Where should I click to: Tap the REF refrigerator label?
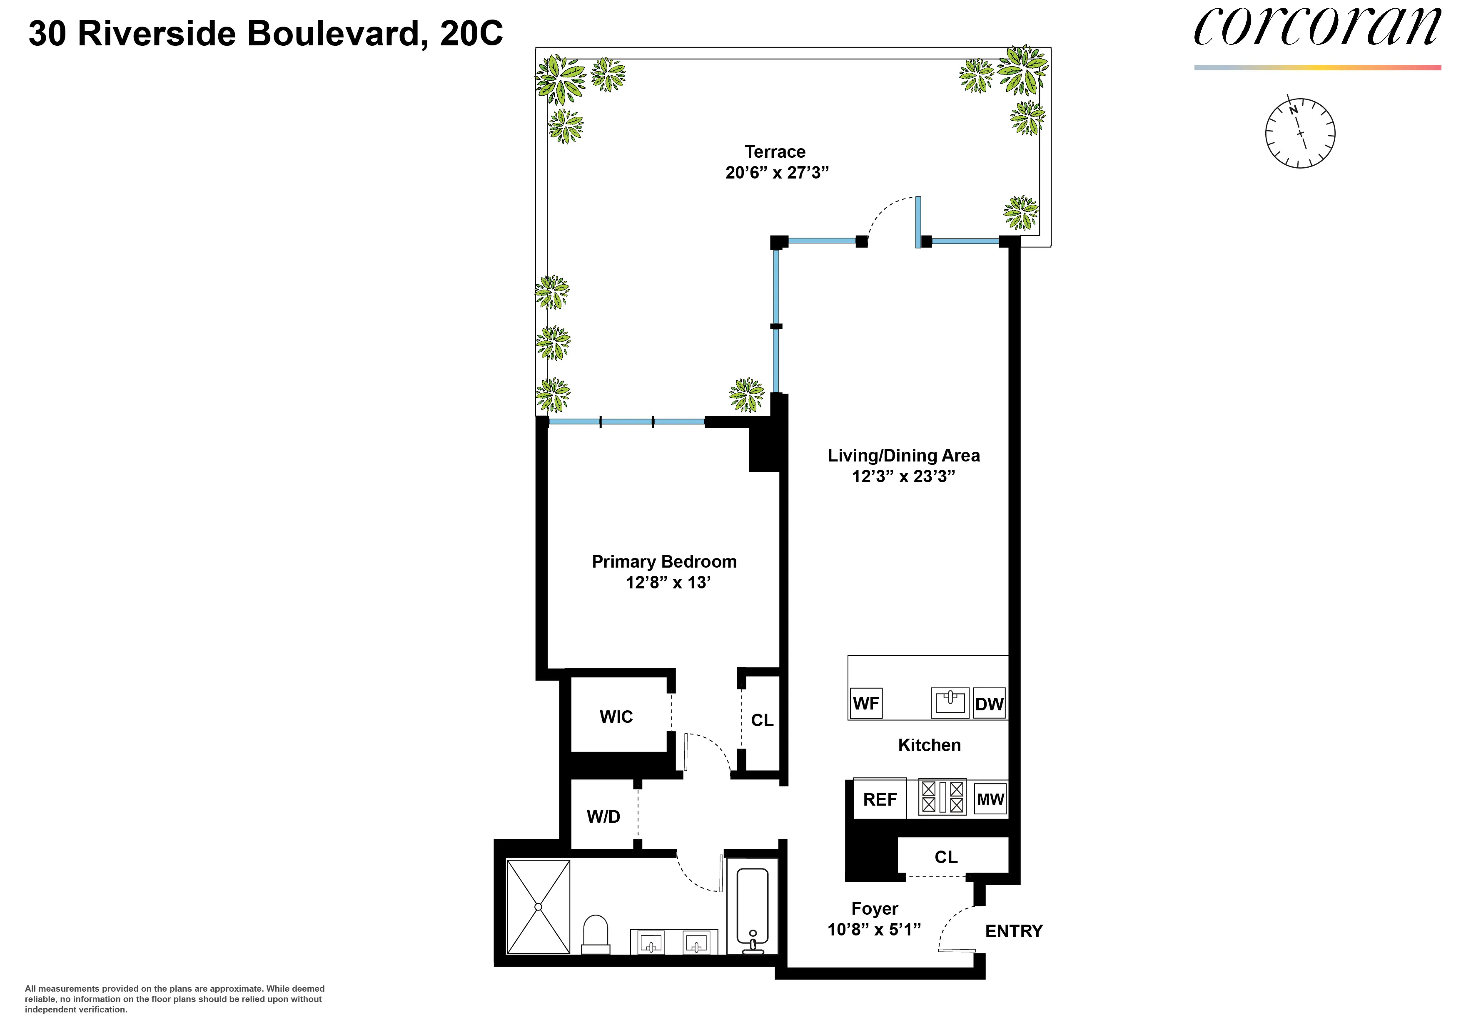880,799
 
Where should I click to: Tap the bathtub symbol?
753,909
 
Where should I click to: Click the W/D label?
603,816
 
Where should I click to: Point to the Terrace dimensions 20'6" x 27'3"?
777,172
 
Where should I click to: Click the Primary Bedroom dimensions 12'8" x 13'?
668,583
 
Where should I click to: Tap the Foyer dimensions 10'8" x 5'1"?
874,930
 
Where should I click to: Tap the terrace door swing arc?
888,210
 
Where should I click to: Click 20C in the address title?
471,34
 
